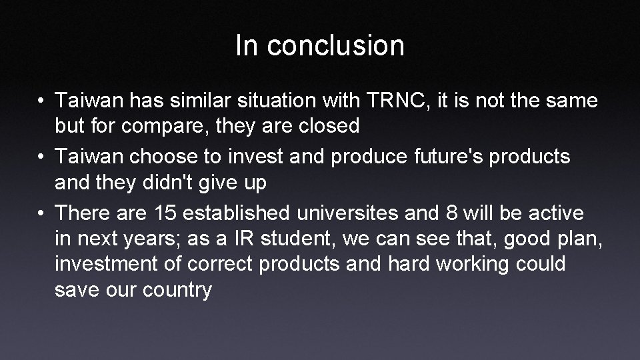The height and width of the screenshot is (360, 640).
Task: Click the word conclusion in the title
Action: pos(336,46)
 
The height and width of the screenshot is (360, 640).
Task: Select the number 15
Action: pos(165,213)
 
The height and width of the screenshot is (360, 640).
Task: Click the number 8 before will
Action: pos(452,213)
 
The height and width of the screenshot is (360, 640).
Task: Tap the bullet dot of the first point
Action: pos(41,101)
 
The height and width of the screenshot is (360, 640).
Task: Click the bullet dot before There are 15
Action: pos(41,213)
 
